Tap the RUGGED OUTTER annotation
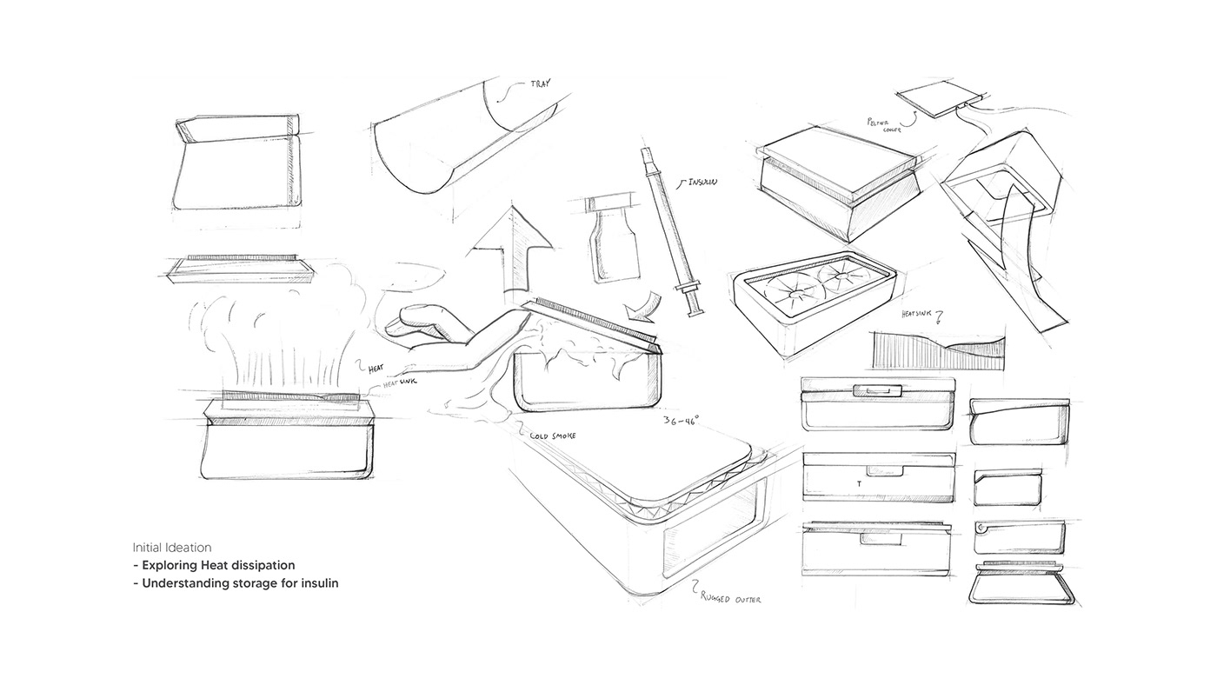(732, 597)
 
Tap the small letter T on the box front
(860, 482)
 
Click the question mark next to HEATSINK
(938, 315)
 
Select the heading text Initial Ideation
(171, 548)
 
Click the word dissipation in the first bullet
(262, 565)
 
